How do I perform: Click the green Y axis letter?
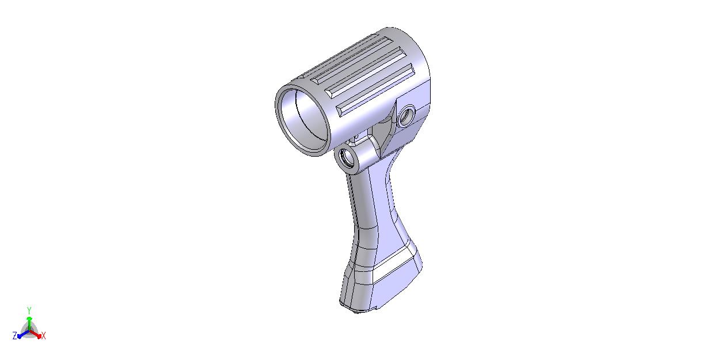[x=29, y=310]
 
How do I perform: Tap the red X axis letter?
[x=44, y=336]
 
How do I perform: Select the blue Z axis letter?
[x=15, y=336]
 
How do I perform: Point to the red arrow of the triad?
[x=35, y=334]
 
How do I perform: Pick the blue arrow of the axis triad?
[x=24, y=334]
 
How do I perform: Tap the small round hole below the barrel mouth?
[x=348, y=159]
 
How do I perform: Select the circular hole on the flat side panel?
[x=406, y=116]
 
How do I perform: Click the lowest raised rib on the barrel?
[x=375, y=90]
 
